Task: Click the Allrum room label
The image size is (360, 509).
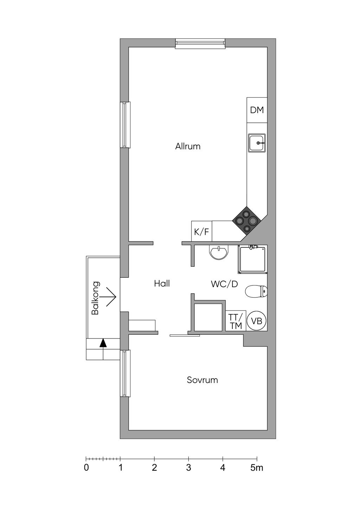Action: pyautogui.click(x=188, y=146)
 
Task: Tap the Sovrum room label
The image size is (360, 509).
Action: pyautogui.click(x=202, y=380)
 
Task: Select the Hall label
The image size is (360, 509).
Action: pyautogui.click(x=162, y=283)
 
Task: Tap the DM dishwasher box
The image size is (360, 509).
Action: pyautogui.click(x=257, y=110)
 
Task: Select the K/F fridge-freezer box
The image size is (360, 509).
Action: pyautogui.click(x=201, y=231)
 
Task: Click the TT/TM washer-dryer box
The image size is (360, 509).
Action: pyautogui.click(x=236, y=321)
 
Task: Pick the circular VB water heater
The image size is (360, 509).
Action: pyautogui.click(x=257, y=321)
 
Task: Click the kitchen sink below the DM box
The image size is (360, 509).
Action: pyautogui.click(x=257, y=143)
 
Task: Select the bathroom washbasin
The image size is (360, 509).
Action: pyautogui.click(x=218, y=252)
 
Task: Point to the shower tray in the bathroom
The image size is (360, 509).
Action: pyautogui.click(x=252, y=259)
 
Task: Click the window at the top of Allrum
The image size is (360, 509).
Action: pyautogui.click(x=200, y=44)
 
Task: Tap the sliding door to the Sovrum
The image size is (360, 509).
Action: pyautogui.click(x=185, y=335)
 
